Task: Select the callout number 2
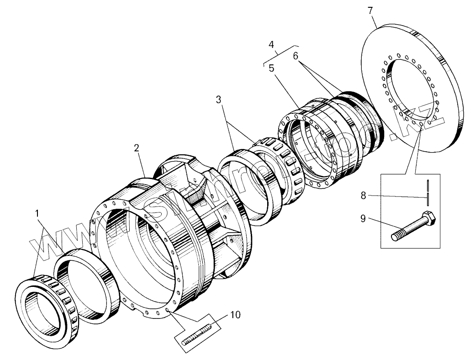tap(137, 148)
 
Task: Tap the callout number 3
tap(220, 100)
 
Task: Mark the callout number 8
tap(363, 196)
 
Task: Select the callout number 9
tap(363, 218)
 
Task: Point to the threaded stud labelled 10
tap(197, 335)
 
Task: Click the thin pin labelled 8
tap(427, 192)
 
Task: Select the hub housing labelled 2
tap(183, 228)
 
